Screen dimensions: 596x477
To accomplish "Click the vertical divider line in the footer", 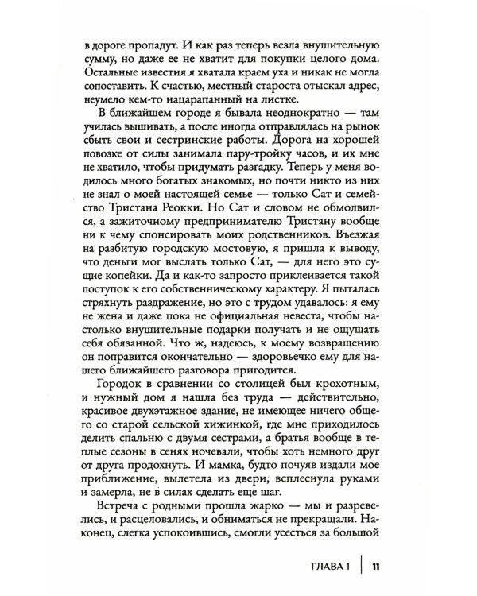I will coord(363,566).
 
